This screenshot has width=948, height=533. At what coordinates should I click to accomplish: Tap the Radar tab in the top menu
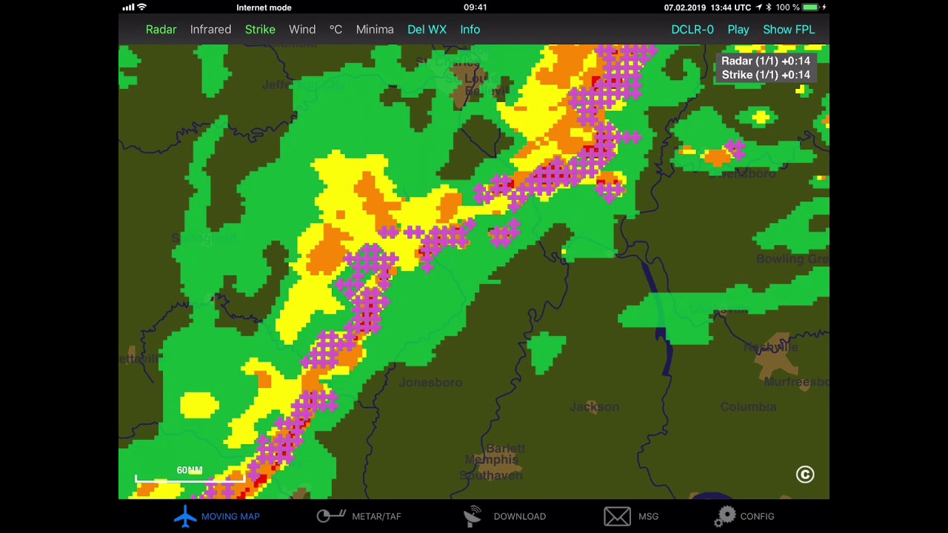(161, 30)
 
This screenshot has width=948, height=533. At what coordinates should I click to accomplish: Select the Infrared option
(210, 30)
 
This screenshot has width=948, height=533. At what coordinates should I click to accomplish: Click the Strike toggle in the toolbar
(260, 30)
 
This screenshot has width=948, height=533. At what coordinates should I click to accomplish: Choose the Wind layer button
(302, 30)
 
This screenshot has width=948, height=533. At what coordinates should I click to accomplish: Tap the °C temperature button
(336, 30)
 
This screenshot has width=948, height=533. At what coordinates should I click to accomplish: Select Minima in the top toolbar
(375, 30)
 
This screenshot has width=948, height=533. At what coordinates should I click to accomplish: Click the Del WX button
(427, 30)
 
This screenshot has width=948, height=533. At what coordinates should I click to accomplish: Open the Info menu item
(470, 30)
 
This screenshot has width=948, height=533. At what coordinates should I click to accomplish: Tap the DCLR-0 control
(692, 30)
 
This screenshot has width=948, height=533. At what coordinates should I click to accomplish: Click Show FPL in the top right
(789, 30)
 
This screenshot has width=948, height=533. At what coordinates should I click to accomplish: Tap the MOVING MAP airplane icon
(185, 516)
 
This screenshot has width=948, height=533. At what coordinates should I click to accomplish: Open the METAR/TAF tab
(376, 516)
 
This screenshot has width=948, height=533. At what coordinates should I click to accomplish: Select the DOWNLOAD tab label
(519, 516)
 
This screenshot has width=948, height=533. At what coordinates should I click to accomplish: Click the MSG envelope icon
(617, 516)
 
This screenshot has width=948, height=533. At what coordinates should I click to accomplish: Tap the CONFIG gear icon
(726, 516)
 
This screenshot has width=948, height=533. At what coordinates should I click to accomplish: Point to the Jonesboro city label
(430, 383)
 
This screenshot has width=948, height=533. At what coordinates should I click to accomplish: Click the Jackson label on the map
(594, 407)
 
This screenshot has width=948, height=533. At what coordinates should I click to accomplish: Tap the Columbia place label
(748, 407)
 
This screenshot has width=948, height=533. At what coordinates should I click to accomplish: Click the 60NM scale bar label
(189, 470)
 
